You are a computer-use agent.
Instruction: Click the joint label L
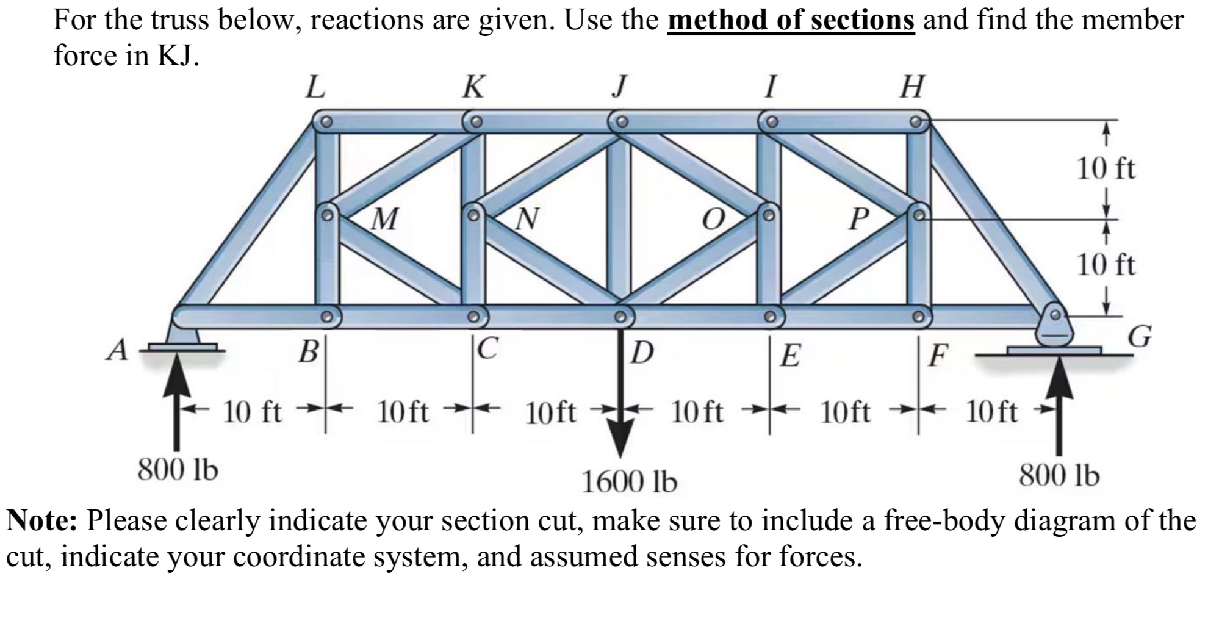tap(315, 87)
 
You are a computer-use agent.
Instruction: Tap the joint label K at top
tap(473, 87)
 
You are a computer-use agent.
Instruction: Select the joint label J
tap(619, 87)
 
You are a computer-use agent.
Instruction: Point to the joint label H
tap(913, 87)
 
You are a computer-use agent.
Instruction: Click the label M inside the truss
tap(385, 218)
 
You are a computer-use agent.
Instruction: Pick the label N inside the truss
tap(528, 218)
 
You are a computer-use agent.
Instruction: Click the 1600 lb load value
tap(629, 483)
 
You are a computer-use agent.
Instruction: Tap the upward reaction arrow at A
tap(176, 403)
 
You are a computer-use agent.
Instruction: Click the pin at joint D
tap(620, 317)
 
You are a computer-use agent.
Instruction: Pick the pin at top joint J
tap(621, 121)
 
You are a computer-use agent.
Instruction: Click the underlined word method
tap(716, 20)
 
